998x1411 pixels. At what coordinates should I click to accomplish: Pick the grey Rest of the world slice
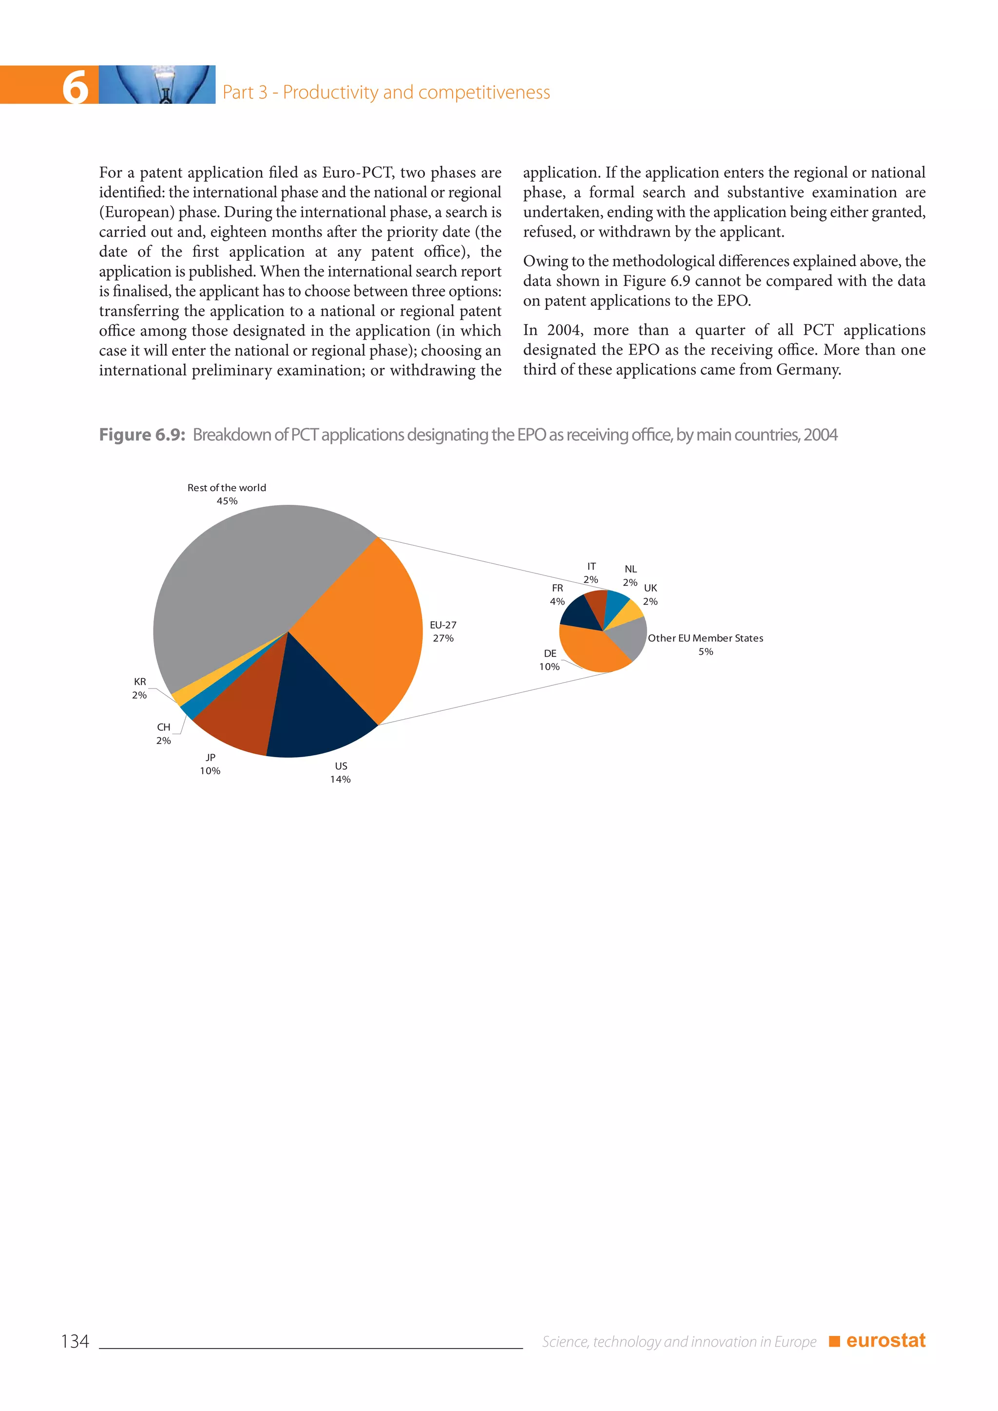click(246, 578)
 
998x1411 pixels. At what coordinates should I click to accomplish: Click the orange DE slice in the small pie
click(593, 651)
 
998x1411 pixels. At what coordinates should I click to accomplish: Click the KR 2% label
click(139, 688)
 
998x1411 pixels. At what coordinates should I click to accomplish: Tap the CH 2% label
click(163, 734)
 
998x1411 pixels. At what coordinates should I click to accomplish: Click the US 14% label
click(341, 772)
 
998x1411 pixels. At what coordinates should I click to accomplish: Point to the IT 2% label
click(591, 573)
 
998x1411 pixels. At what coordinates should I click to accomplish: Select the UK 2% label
click(650, 595)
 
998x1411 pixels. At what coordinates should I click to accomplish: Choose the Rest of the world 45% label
click(226, 494)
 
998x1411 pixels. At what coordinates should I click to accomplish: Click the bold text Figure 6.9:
click(142, 435)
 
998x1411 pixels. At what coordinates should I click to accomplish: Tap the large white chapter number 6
click(75, 87)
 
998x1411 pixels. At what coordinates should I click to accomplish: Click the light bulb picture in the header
click(157, 85)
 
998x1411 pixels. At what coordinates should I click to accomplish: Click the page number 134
click(75, 1341)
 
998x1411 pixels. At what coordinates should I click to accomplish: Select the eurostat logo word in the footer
click(885, 1340)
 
